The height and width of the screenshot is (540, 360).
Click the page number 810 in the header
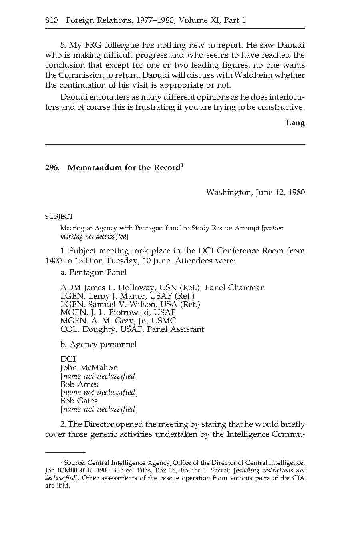pos(52,20)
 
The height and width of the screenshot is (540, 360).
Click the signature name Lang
pos(295,123)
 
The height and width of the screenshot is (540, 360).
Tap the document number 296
pos(52,168)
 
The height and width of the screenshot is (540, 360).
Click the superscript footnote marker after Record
pos(182,165)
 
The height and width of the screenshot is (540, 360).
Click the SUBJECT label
pos(59,217)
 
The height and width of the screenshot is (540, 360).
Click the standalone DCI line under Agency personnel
pos(68,359)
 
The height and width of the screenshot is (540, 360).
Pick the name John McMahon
pos(89,368)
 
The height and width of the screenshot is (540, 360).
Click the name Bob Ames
pos(79,384)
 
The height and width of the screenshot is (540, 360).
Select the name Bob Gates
pos(79,401)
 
